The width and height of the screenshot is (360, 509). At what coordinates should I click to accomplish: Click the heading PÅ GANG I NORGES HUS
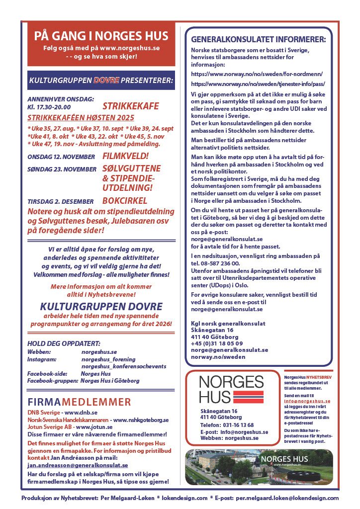click(x=101, y=36)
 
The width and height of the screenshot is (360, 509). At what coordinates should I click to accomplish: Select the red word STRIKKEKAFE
click(x=130, y=106)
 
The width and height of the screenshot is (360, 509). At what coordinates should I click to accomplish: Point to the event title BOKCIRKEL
click(x=124, y=201)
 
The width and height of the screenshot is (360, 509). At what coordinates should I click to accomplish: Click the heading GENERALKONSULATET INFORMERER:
click(x=259, y=39)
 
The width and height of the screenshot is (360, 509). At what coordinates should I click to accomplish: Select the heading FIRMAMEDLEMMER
click(x=80, y=402)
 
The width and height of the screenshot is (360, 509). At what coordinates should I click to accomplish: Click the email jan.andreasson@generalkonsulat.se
click(x=78, y=465)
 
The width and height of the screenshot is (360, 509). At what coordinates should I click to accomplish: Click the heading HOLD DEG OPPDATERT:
click(x=64, y=343)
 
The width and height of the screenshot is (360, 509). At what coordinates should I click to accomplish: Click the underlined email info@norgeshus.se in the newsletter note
click(x=307, y=400)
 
